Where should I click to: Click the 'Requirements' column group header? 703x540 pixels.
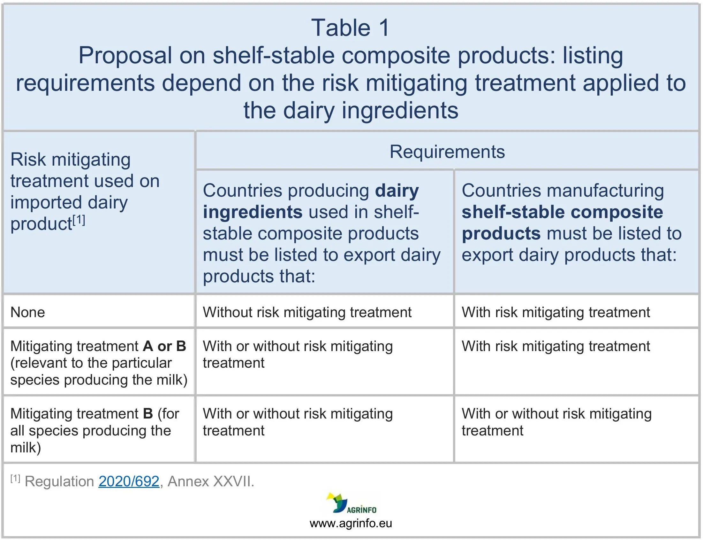(447, 152)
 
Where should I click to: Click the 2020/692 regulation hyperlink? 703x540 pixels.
(129, 481)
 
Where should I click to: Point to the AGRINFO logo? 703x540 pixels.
(351, 503)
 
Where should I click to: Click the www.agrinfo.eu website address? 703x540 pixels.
(351, 523)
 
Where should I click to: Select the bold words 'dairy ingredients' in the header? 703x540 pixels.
(311, 201)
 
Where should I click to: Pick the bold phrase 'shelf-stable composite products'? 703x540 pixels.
(563, 223)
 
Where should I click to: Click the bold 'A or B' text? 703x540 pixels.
(164, 346)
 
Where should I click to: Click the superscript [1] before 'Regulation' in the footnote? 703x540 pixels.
(15, 479)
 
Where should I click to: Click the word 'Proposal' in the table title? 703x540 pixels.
(125, 56)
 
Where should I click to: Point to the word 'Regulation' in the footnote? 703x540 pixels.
(59, 481)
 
